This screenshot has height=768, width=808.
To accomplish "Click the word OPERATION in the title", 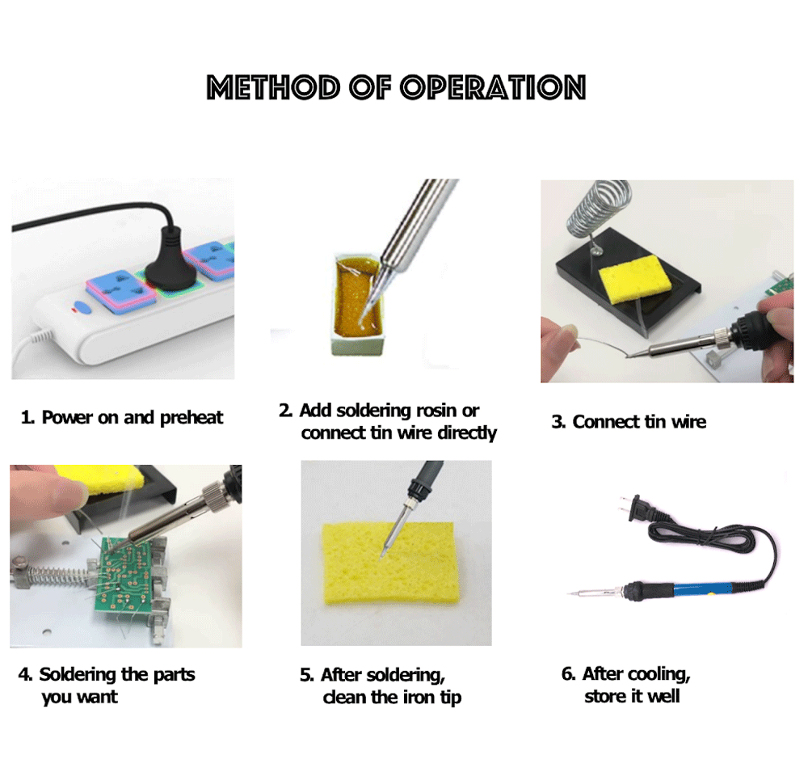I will pyautogui.click(x=493, y=87).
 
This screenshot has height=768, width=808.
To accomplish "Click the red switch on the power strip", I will pyautogui.click(x=79, y=308).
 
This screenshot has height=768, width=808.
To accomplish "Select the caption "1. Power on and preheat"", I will pyautogui.click(x=122, y=418).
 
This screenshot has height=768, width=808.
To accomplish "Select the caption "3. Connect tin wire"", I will pyautogui.click(x=629, y=422).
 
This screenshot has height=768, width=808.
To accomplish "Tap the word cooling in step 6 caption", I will pyautogui.click(x=658, y=674).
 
